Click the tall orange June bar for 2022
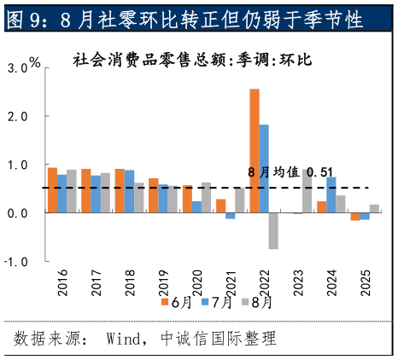tap(255, 150)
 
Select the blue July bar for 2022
tap(264, 168)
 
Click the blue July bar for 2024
tap(331, 195)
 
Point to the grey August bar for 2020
tap(206, 197)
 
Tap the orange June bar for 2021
tap(220, 206)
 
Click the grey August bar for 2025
tap(374, 208)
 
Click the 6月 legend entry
tap(174, 301)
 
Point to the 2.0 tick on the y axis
tap(16, 115)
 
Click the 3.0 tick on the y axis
tap(16, 67)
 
